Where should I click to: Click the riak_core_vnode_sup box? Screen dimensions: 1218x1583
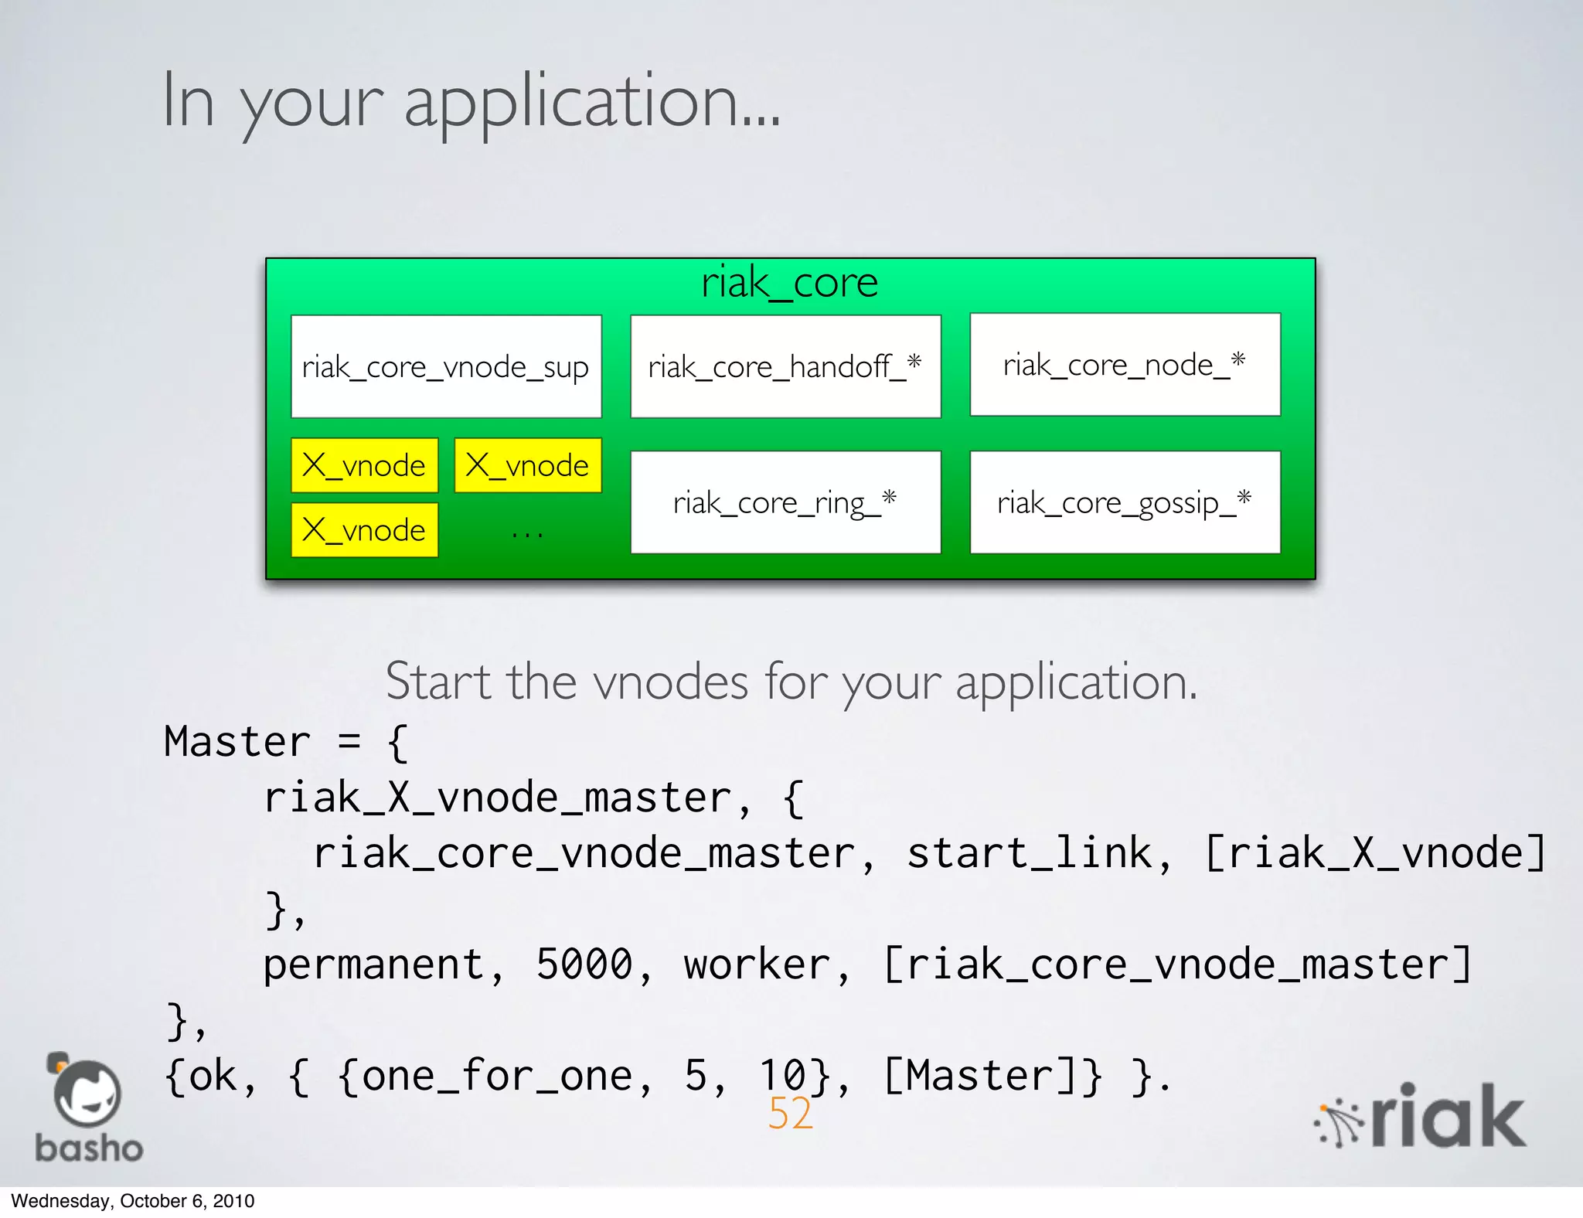point(446,366)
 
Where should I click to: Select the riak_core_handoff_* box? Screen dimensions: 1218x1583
point(785,366)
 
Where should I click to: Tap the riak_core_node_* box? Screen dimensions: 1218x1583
point(1125,365)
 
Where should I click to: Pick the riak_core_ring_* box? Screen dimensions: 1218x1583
point(785,502)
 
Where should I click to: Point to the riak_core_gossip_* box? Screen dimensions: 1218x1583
point(1125,502)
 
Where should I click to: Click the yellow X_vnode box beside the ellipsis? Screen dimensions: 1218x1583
point(365,530)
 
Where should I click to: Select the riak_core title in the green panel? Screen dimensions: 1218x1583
point(789,283)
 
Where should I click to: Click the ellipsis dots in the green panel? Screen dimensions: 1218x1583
point(527,533)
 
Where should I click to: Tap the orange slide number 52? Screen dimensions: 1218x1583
point(790,1114)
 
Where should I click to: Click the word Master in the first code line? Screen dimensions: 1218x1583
point(237,742)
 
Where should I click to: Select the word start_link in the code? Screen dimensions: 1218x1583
point(1029,853)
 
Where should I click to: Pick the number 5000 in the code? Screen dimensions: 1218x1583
point(584,965)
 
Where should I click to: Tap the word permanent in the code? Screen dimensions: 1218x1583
point(373,965)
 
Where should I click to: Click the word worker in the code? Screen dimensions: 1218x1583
point(755,965)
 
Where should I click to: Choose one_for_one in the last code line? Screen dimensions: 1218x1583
point(485,1076)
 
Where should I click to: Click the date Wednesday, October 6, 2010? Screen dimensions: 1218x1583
point(132,1201)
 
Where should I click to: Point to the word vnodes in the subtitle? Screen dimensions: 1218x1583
point(670,682)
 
